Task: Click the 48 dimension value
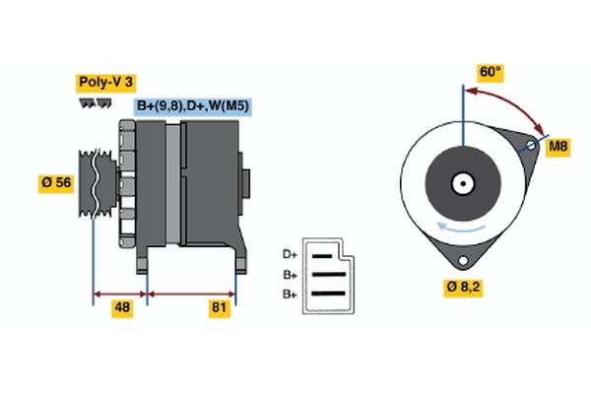pos(122,309)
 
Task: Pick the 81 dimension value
pos(219,309)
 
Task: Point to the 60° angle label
pos(490,72)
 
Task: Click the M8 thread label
pos(558,147)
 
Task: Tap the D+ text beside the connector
pos(290,253)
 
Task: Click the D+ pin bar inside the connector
pos(324,254)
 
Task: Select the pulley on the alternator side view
pos(97,183)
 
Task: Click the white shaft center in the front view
pos(461,182)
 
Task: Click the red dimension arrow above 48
pos(120,293)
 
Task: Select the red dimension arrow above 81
pos(191,293)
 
